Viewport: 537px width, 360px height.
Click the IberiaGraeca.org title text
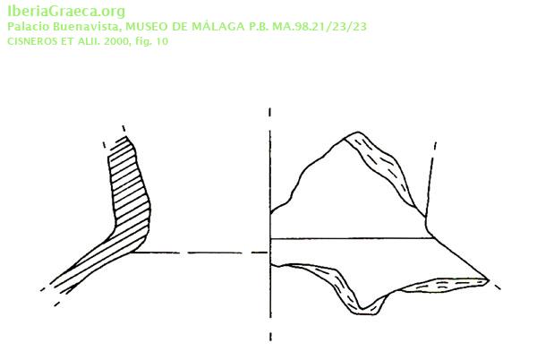[x=66, y=12]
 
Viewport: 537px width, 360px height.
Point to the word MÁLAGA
[x=218, y=26]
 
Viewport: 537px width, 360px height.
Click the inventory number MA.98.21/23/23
[x=320, y=27]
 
